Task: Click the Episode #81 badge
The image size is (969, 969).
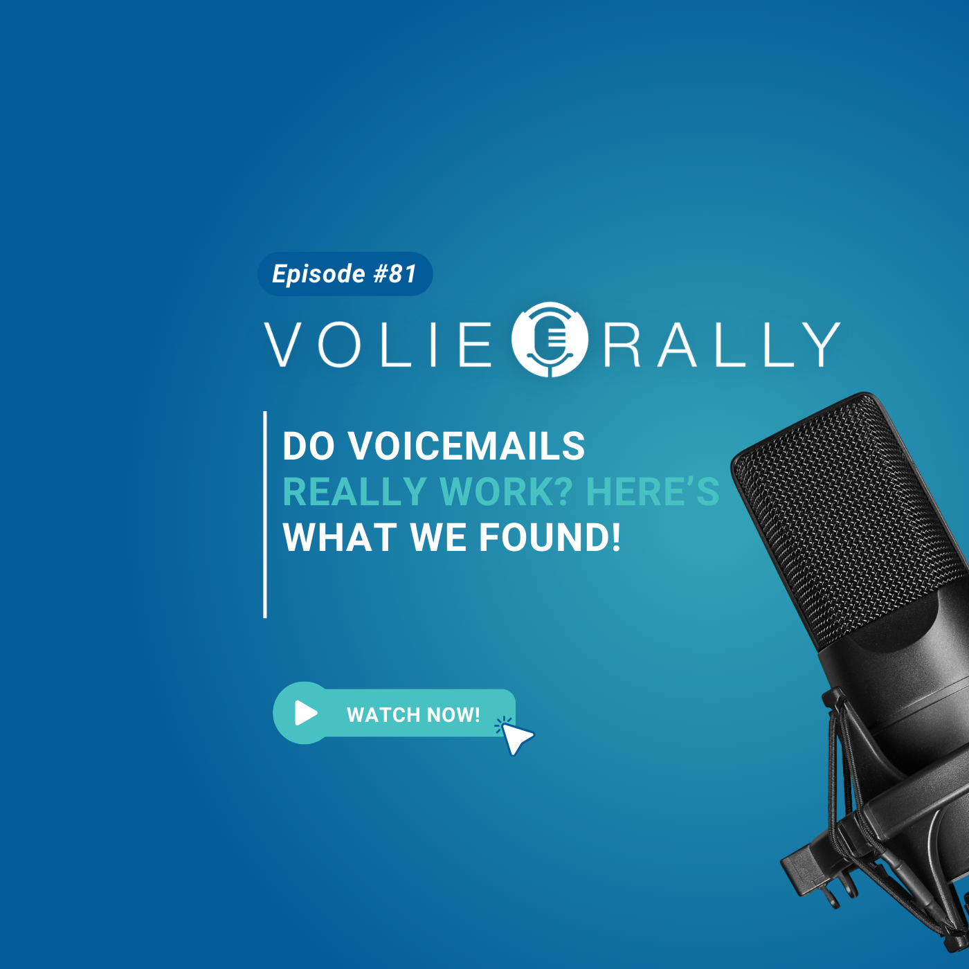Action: click(345, 273)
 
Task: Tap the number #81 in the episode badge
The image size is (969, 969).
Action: click(395, 273)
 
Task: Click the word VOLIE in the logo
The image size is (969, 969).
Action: click(378, 344)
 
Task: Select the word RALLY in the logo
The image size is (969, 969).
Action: click(722, 344)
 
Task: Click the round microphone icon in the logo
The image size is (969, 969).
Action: click(550, 339)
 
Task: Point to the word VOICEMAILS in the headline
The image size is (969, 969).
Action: click(467, 446)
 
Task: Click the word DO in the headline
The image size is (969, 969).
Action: click(309, 446)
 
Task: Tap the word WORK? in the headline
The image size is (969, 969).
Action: click(507, 491)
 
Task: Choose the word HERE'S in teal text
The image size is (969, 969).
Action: click(653, 491)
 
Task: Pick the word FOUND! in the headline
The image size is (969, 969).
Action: click(550, 537)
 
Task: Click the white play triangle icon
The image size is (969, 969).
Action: click(306, 712)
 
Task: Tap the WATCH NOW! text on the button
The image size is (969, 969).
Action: click(413, 714)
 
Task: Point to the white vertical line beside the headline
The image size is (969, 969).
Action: click(265, 514)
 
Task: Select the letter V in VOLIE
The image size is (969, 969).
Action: click(283, 345)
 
